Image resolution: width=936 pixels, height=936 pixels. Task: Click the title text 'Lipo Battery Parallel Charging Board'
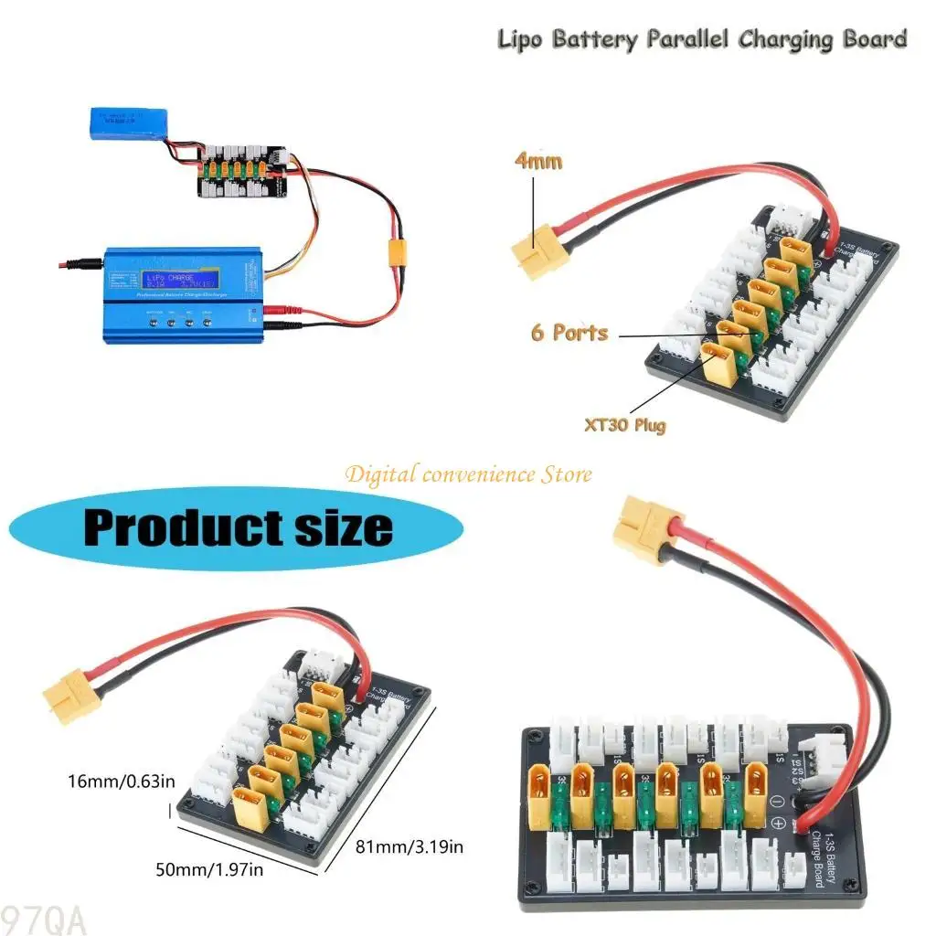[x=701, y=39]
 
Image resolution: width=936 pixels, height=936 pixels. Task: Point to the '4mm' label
[x=539, y=162]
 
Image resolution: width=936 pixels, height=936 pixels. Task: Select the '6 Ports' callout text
[x=569, y=331]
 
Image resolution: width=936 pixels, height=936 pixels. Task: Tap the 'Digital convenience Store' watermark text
[x=467, y=473]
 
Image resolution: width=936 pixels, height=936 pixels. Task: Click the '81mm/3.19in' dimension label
[x=409, y=847]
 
